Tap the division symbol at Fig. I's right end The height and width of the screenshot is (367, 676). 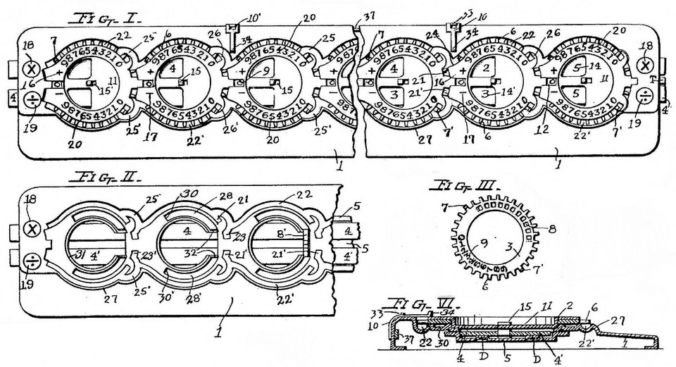tap(645, 95)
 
